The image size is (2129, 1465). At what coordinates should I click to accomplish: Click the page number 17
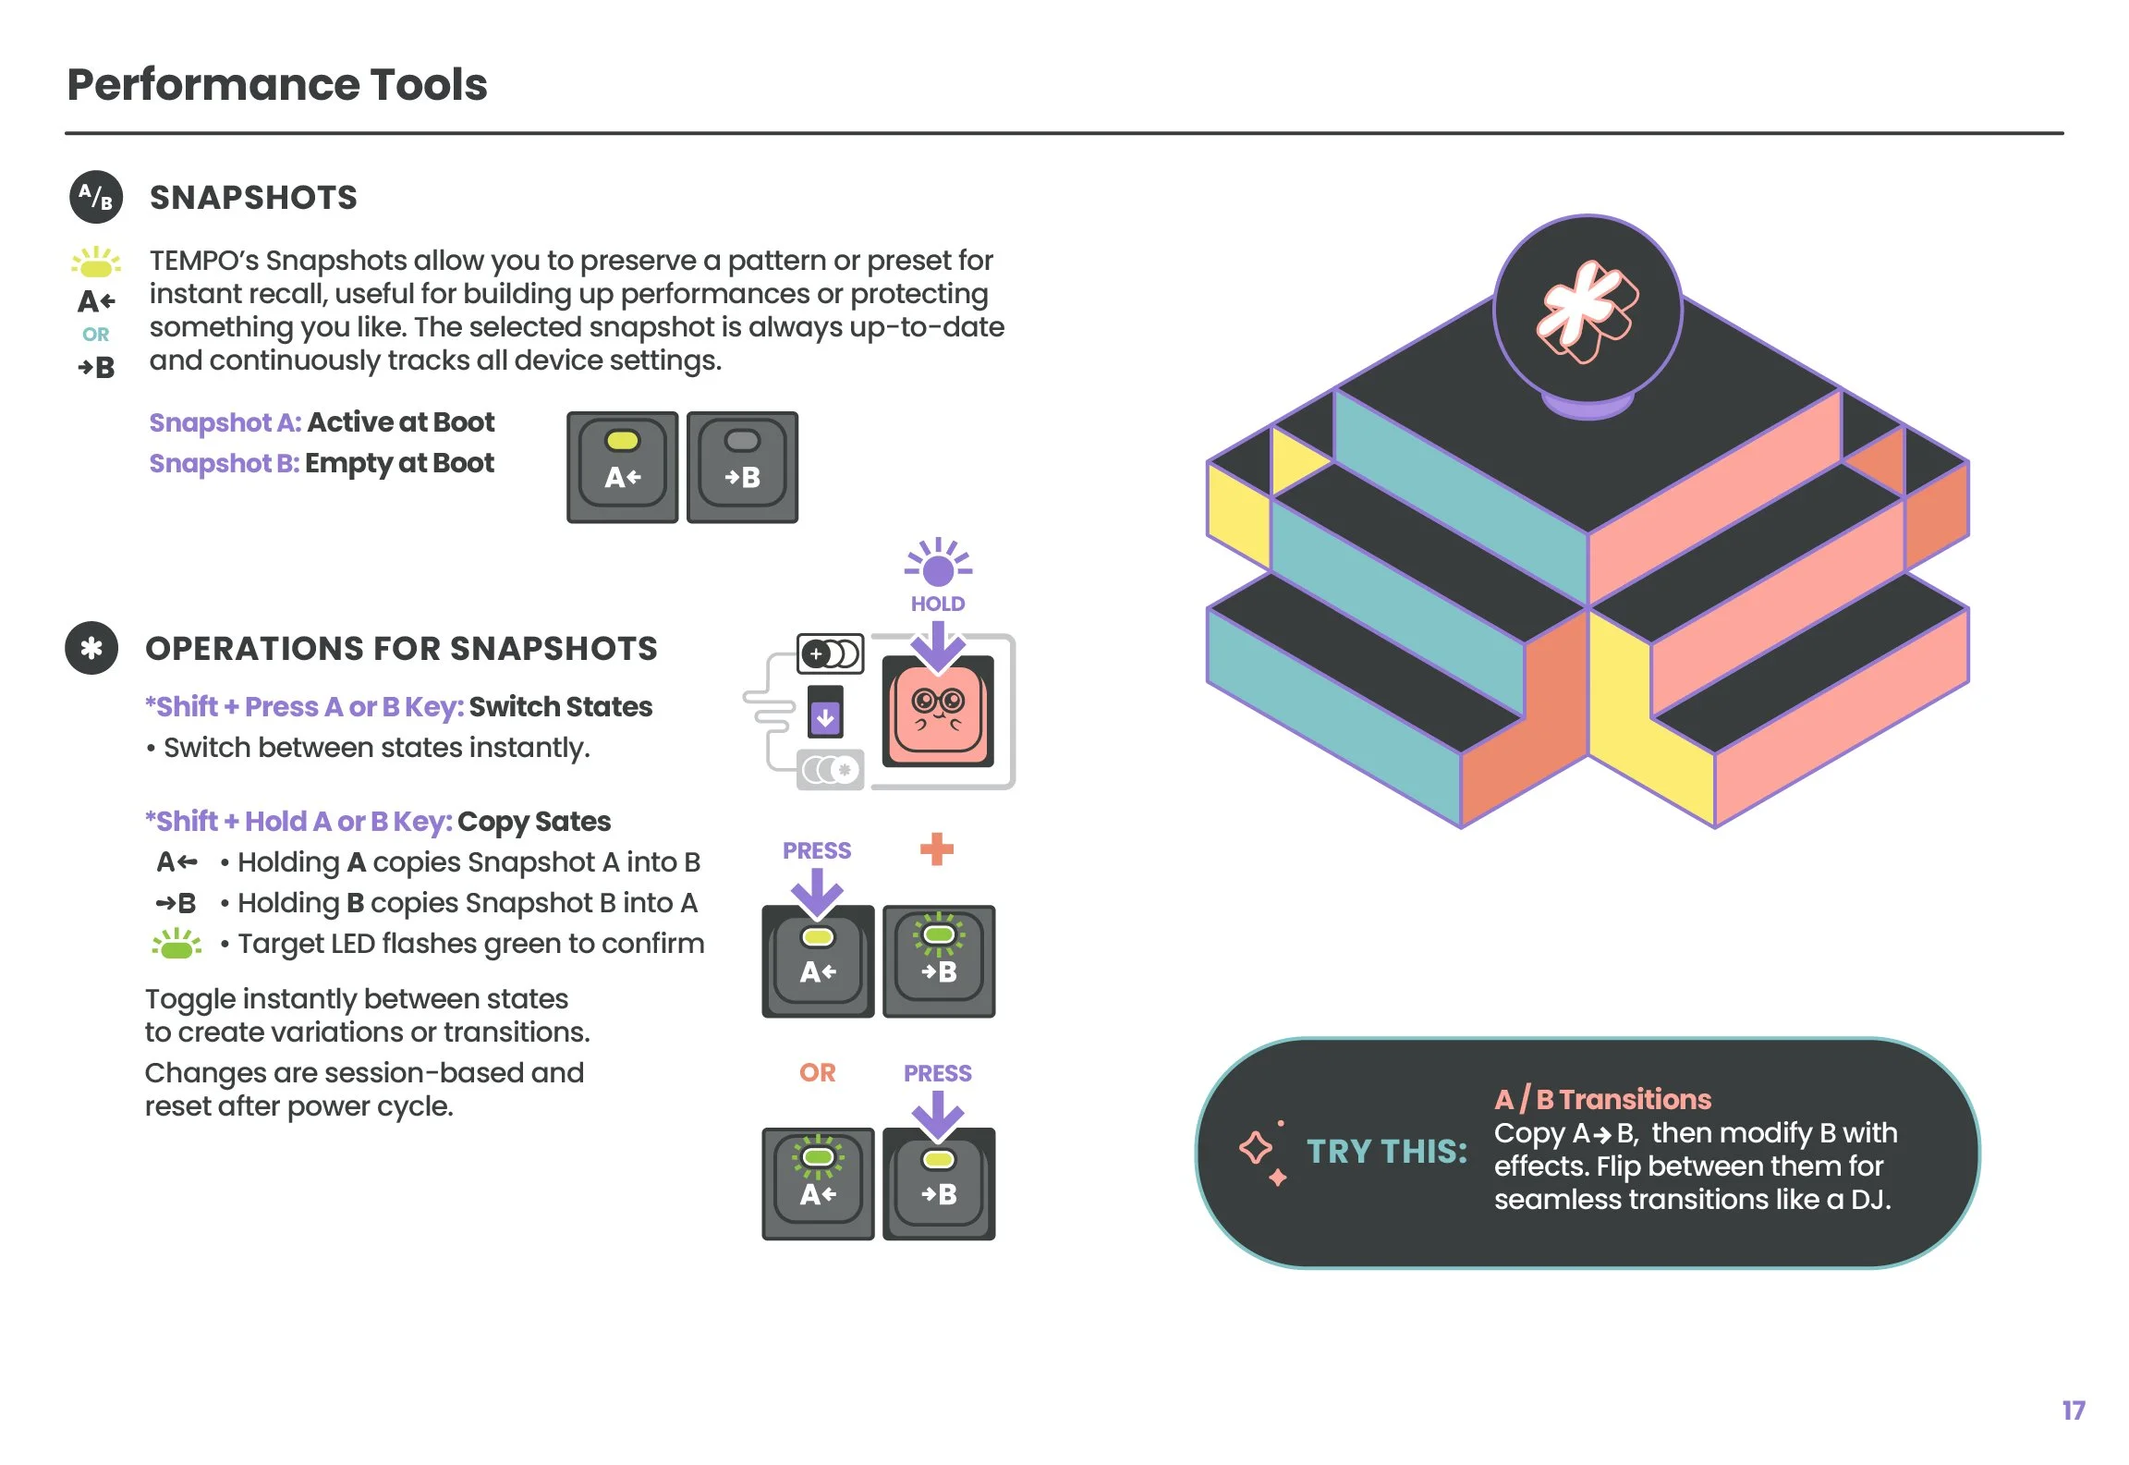point(2073,1410)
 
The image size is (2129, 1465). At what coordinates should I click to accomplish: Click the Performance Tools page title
point(277,85)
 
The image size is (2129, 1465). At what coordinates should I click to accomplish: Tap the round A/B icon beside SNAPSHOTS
point(96,197)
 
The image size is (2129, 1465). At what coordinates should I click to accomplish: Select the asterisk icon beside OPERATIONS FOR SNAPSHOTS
point(91,648)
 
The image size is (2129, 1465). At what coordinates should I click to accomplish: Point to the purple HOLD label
point(937,604)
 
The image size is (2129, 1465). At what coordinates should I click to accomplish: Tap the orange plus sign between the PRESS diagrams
point(936,848)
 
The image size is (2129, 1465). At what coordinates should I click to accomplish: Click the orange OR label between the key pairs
point(817,1072)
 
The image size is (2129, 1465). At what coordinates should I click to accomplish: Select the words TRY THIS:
point(1386,1152)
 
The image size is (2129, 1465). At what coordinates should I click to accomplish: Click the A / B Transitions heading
point(1602,1099)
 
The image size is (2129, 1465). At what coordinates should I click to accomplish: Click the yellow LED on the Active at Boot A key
point(622,441)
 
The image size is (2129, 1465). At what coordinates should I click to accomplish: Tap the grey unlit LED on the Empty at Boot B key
point(742,441)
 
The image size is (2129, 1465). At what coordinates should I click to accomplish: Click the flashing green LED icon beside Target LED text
point(176,945)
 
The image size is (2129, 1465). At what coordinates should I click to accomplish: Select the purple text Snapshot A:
point(225,422)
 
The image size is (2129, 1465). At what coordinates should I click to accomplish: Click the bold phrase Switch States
point(560,707)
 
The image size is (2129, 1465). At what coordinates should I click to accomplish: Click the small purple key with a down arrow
point(825,714)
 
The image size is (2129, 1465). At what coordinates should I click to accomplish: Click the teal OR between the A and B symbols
point(95,335)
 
